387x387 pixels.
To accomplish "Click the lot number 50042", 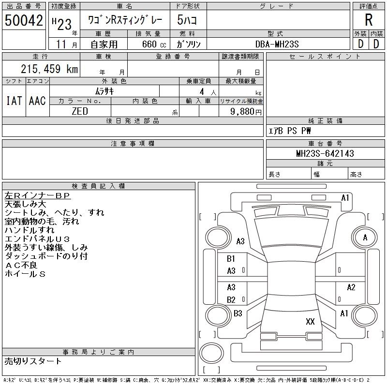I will (24, 20).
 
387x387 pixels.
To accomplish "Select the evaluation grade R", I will (369, 20).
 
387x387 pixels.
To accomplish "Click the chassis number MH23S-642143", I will (325, 153).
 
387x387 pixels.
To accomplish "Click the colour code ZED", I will (80, 111).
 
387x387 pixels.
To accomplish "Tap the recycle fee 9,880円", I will (246, 111).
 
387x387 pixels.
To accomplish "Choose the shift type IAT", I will (14, 101).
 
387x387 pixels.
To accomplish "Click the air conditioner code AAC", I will (37, 101).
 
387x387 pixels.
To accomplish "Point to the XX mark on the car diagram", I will (310, 321).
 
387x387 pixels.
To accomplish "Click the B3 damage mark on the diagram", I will (238, 313).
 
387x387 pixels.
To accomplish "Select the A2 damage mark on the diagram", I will (351, 287).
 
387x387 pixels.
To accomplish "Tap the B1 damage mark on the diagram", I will (231, 259).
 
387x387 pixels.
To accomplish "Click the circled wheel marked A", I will (365, 238).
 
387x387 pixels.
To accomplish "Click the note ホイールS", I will (25, 274).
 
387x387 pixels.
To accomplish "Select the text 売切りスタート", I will (33, 361).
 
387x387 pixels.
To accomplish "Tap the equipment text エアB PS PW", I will (290, 131).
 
